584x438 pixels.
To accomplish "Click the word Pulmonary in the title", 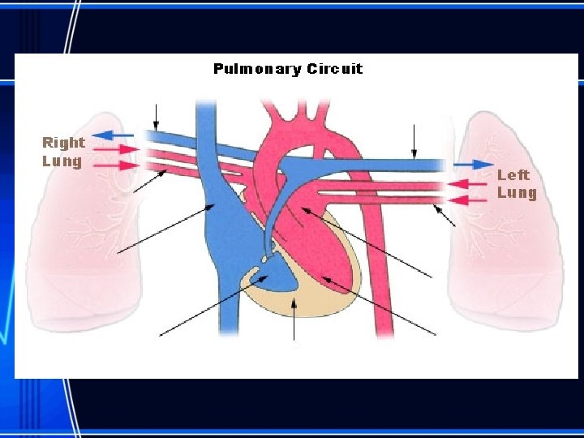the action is pos(257,69).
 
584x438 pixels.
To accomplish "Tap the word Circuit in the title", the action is pos(335,69).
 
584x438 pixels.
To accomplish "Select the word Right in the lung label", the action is pos(64,143).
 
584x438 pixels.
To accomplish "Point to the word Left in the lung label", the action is pos(513,174).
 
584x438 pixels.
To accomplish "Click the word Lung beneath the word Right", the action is pos(62,161).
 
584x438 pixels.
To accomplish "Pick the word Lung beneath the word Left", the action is pos(517,192).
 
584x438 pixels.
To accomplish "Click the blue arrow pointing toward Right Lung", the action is pos(113,134).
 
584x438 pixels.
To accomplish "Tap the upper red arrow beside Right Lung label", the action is pos(117,149).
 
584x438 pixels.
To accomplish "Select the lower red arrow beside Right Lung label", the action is pos(117,165).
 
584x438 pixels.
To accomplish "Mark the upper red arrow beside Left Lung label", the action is pos(468,184).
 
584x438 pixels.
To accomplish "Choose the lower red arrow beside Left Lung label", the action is pos(468,199).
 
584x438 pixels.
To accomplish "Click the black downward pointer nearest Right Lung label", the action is pos(157,117).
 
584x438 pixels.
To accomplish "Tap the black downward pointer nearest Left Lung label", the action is pos(414,143).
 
